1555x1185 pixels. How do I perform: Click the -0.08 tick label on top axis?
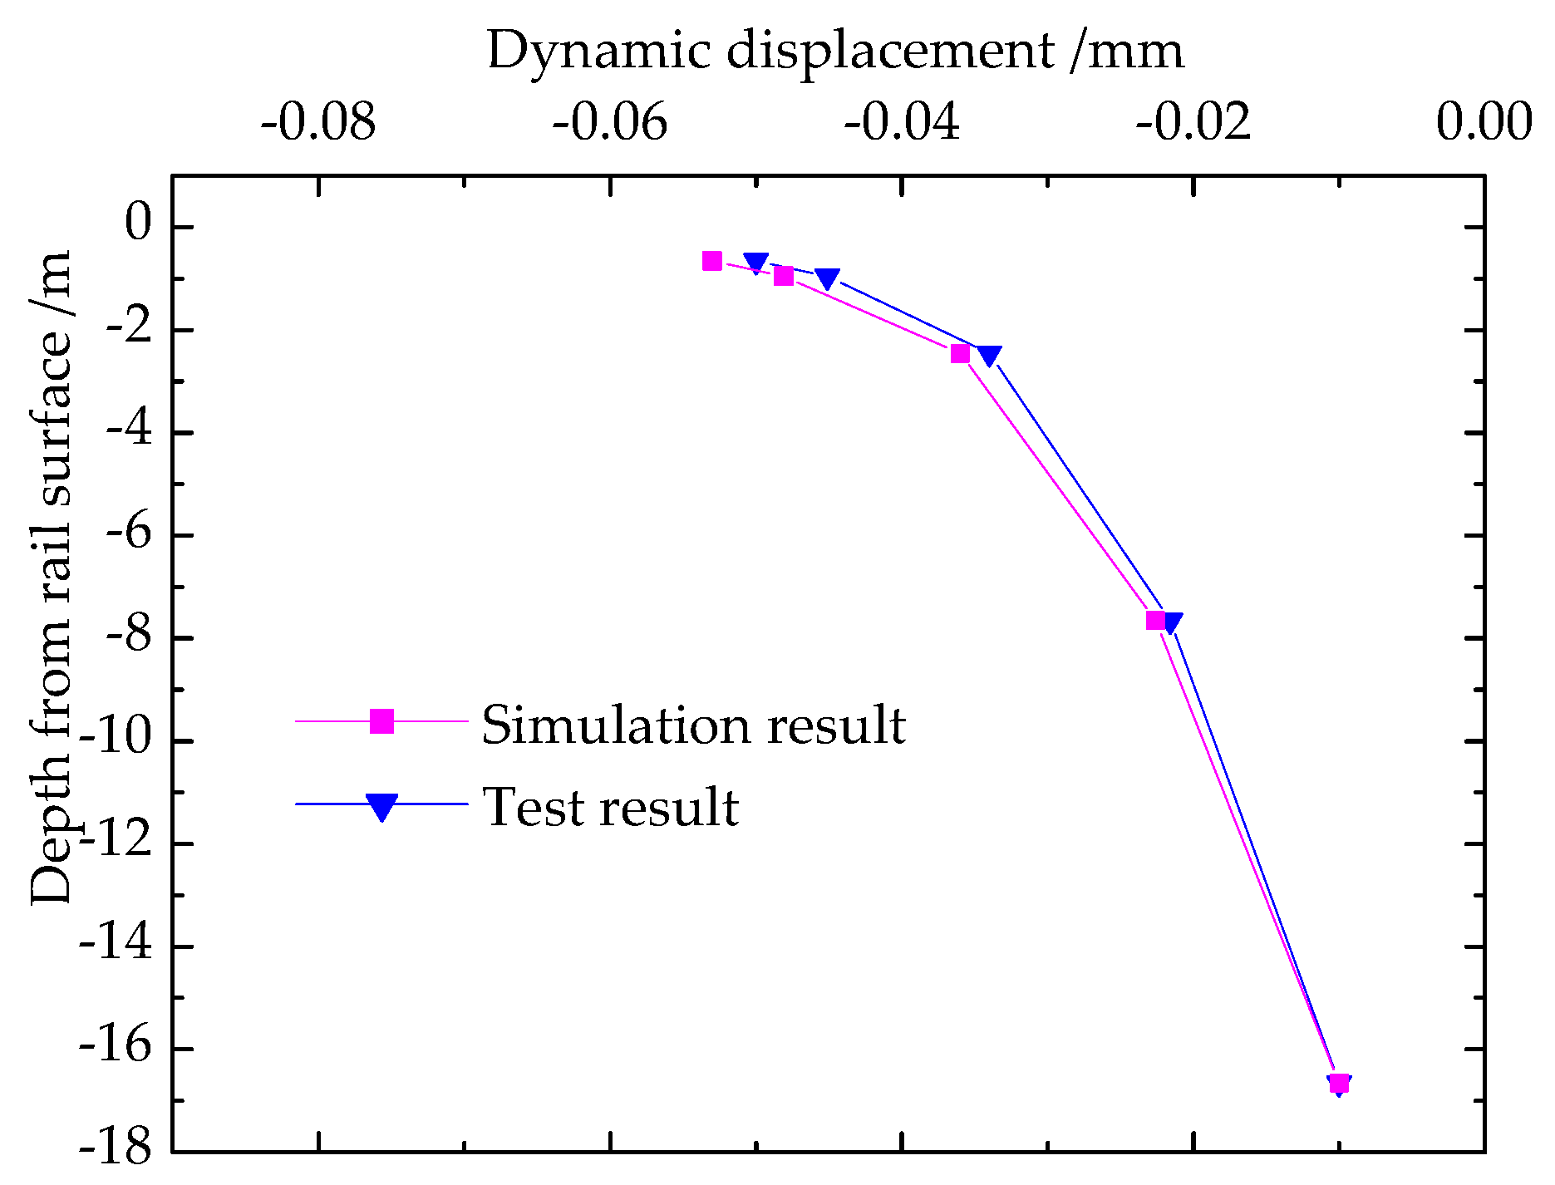[318, 123]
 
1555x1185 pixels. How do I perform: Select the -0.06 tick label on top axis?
[610, 123]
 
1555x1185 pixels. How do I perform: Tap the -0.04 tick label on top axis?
[903, 123]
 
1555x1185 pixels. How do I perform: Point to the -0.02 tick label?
[1193, 123]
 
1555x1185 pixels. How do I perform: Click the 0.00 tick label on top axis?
[1484, 123]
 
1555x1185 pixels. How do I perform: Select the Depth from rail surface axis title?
[52, 578]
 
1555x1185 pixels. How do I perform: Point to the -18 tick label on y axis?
[116, 1151]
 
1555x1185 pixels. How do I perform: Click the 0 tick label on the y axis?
[138, 226]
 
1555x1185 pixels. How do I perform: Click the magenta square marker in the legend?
[381, 721]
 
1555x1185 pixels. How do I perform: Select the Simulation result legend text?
[693, 725]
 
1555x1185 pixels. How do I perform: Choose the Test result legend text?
[611, 807]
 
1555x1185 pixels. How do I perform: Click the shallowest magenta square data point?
[712, 261]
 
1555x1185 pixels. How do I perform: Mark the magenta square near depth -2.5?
[960, 354]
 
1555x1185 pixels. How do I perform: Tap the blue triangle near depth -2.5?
[989, 355]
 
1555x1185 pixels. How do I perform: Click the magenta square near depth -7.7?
[1155, 620]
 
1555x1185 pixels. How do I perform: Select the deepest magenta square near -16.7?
[1339, 1083]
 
